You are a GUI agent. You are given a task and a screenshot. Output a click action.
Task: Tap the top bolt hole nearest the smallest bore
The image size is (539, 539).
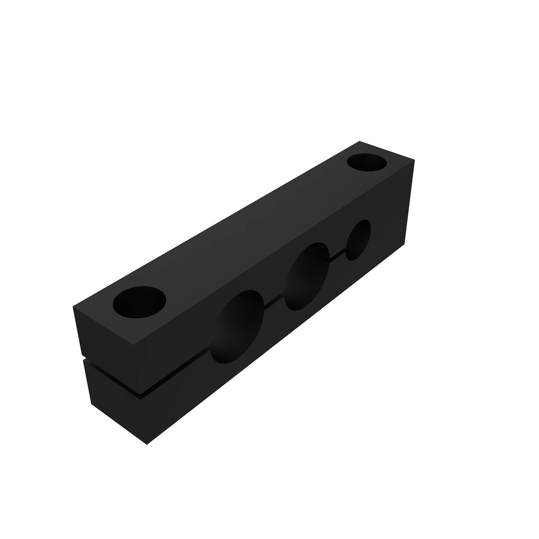tap(367, 162)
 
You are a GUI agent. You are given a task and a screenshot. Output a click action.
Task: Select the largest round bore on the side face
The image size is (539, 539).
tap(237, 327)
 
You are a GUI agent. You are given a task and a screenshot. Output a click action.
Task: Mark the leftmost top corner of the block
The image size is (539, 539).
tap(73, 307)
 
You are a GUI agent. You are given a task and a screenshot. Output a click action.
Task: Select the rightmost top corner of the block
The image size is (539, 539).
tap(414, 160)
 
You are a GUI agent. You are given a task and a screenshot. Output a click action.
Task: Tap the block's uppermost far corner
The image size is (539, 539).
tap(360, 141)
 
